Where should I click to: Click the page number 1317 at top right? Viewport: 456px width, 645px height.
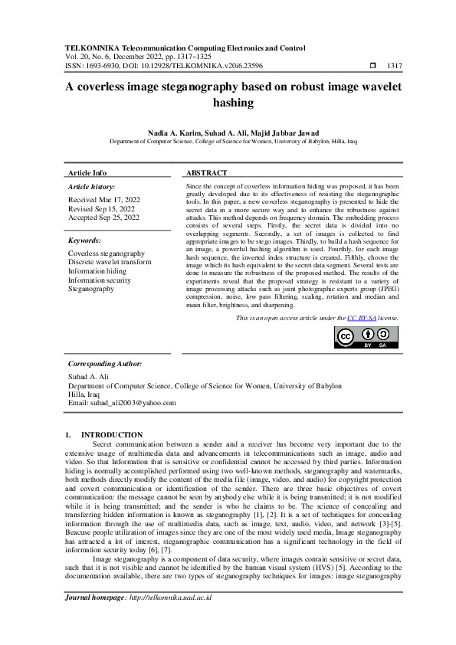396,67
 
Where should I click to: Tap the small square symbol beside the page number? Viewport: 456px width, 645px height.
373,67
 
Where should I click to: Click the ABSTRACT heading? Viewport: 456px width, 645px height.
207,173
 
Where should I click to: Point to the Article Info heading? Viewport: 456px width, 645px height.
87,173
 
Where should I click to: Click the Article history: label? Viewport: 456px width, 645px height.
91,187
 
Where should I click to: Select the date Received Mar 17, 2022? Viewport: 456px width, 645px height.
103,199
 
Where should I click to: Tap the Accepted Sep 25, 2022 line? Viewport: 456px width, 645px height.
103,218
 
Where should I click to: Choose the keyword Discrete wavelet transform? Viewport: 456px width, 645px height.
110,262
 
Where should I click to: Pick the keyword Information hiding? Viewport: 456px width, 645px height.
97,271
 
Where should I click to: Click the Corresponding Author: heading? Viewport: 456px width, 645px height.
105,364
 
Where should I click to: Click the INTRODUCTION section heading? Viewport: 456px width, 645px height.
112,435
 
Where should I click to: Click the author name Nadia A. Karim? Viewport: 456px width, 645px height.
166,133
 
